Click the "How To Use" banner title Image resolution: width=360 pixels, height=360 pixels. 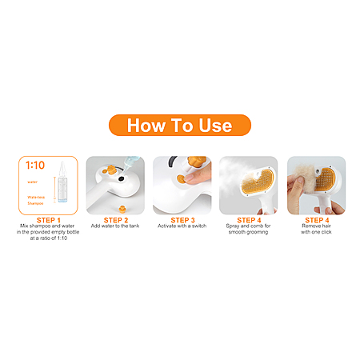[180, 126]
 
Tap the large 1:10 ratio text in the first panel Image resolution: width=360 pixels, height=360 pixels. [35, 166]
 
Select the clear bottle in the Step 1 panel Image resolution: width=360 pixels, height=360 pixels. [62, 182]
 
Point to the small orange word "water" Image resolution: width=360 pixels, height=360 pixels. [32, 182]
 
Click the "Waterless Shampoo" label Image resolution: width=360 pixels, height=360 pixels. [36, 200]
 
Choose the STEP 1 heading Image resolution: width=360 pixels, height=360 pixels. [49, 220]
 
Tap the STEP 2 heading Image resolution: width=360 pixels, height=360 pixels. [116, 220]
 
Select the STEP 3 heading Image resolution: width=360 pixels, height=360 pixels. [182, 220]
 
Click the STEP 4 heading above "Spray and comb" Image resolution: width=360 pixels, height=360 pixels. [249, 220]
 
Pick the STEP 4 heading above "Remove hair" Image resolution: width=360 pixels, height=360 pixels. [317, 220]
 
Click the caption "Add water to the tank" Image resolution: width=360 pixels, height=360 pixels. [115, 226]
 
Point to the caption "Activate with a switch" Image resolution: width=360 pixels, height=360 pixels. [182, 226]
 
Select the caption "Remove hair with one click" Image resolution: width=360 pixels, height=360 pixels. [316, 229]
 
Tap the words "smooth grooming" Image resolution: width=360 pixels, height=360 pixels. [248, 232]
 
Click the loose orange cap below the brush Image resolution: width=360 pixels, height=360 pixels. [122, 209]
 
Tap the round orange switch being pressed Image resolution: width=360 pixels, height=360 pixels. [182, 178]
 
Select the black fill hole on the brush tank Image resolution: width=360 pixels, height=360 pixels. [121, 179]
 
